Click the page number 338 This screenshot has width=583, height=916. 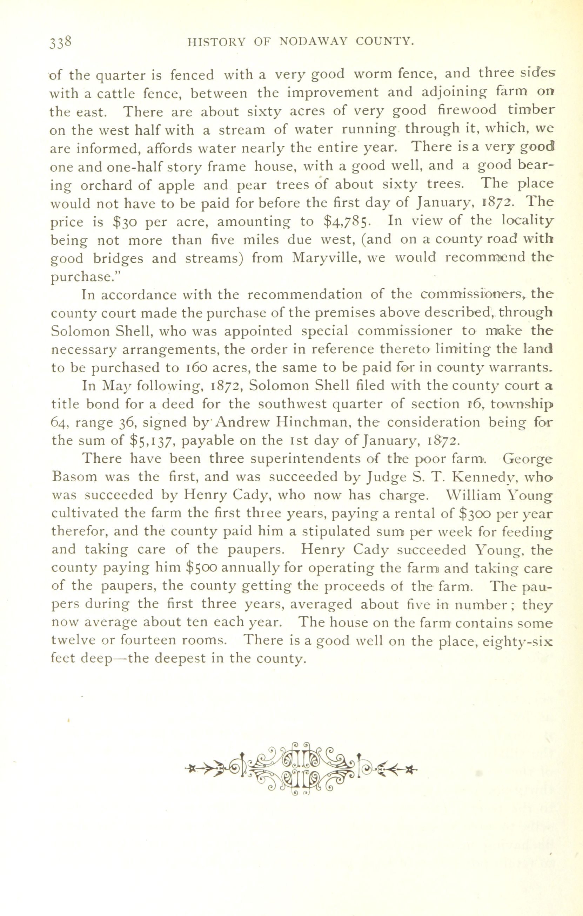(60, 41)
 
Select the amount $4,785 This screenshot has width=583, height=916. (345, 222)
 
